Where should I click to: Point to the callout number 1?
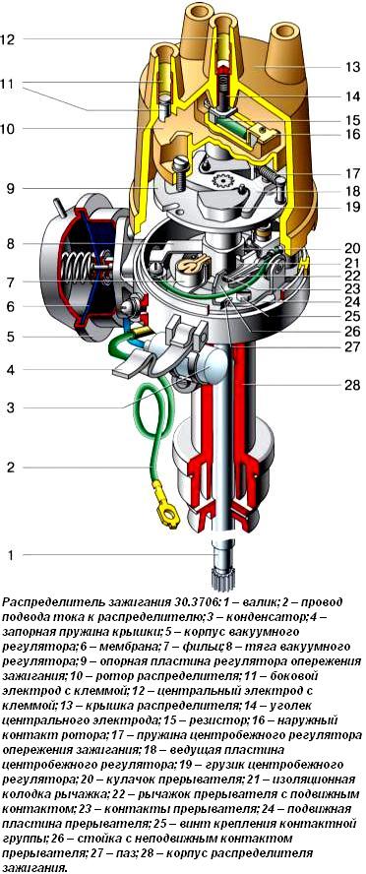tap(10, 555)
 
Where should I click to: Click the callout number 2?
tap(10, 468)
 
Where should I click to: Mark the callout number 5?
tap(10, 337)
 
